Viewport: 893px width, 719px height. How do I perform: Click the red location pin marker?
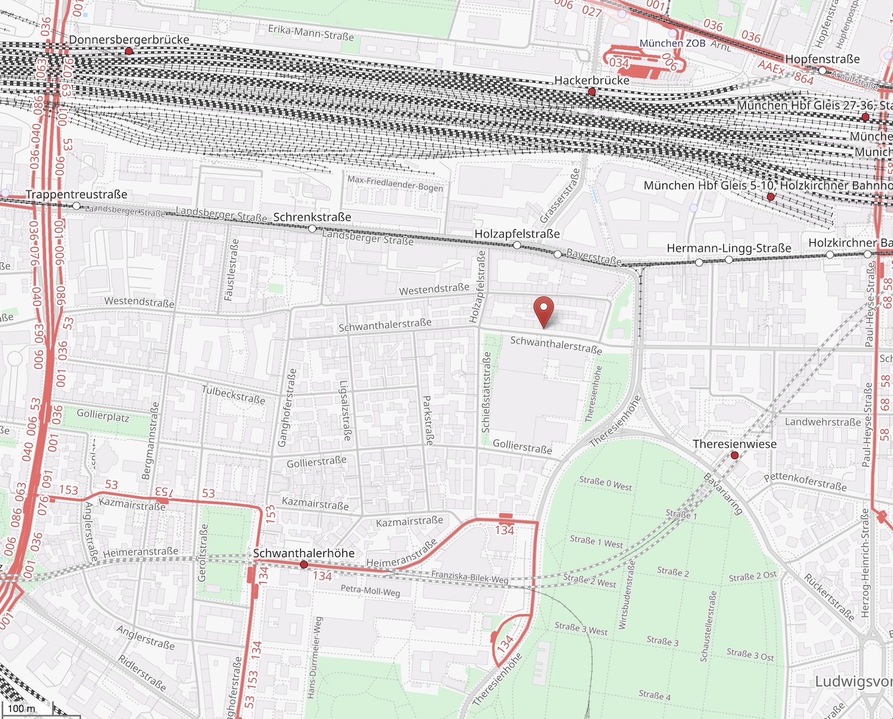[544, 310]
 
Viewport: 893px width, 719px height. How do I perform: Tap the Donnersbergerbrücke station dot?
[129, 52]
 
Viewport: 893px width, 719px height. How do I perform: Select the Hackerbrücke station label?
[591, 80]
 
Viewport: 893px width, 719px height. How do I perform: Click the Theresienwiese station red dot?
[735, 455]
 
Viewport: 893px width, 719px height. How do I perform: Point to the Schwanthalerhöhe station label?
[304, 553]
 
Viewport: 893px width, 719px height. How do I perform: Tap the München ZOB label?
[672, 43]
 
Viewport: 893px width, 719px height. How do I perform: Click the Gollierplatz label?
[103, 415]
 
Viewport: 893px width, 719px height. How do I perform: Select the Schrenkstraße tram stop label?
[312, 217]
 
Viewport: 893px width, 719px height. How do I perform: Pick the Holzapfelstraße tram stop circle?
[517, 245]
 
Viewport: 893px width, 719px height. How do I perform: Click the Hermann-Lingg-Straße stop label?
[729, 248]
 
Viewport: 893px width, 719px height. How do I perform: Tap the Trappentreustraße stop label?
[76, 195]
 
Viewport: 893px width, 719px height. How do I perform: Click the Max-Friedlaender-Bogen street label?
[395, 183]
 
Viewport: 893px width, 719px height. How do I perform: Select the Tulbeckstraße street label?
[233, 395]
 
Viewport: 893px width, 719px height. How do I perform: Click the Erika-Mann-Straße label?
[311, 32]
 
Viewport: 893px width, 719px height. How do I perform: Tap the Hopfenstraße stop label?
[822, 59]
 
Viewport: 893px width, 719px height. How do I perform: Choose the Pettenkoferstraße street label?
[805, 482]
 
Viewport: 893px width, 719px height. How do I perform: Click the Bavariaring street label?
[723, 493]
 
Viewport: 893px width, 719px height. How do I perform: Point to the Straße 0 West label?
[605, 483]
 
